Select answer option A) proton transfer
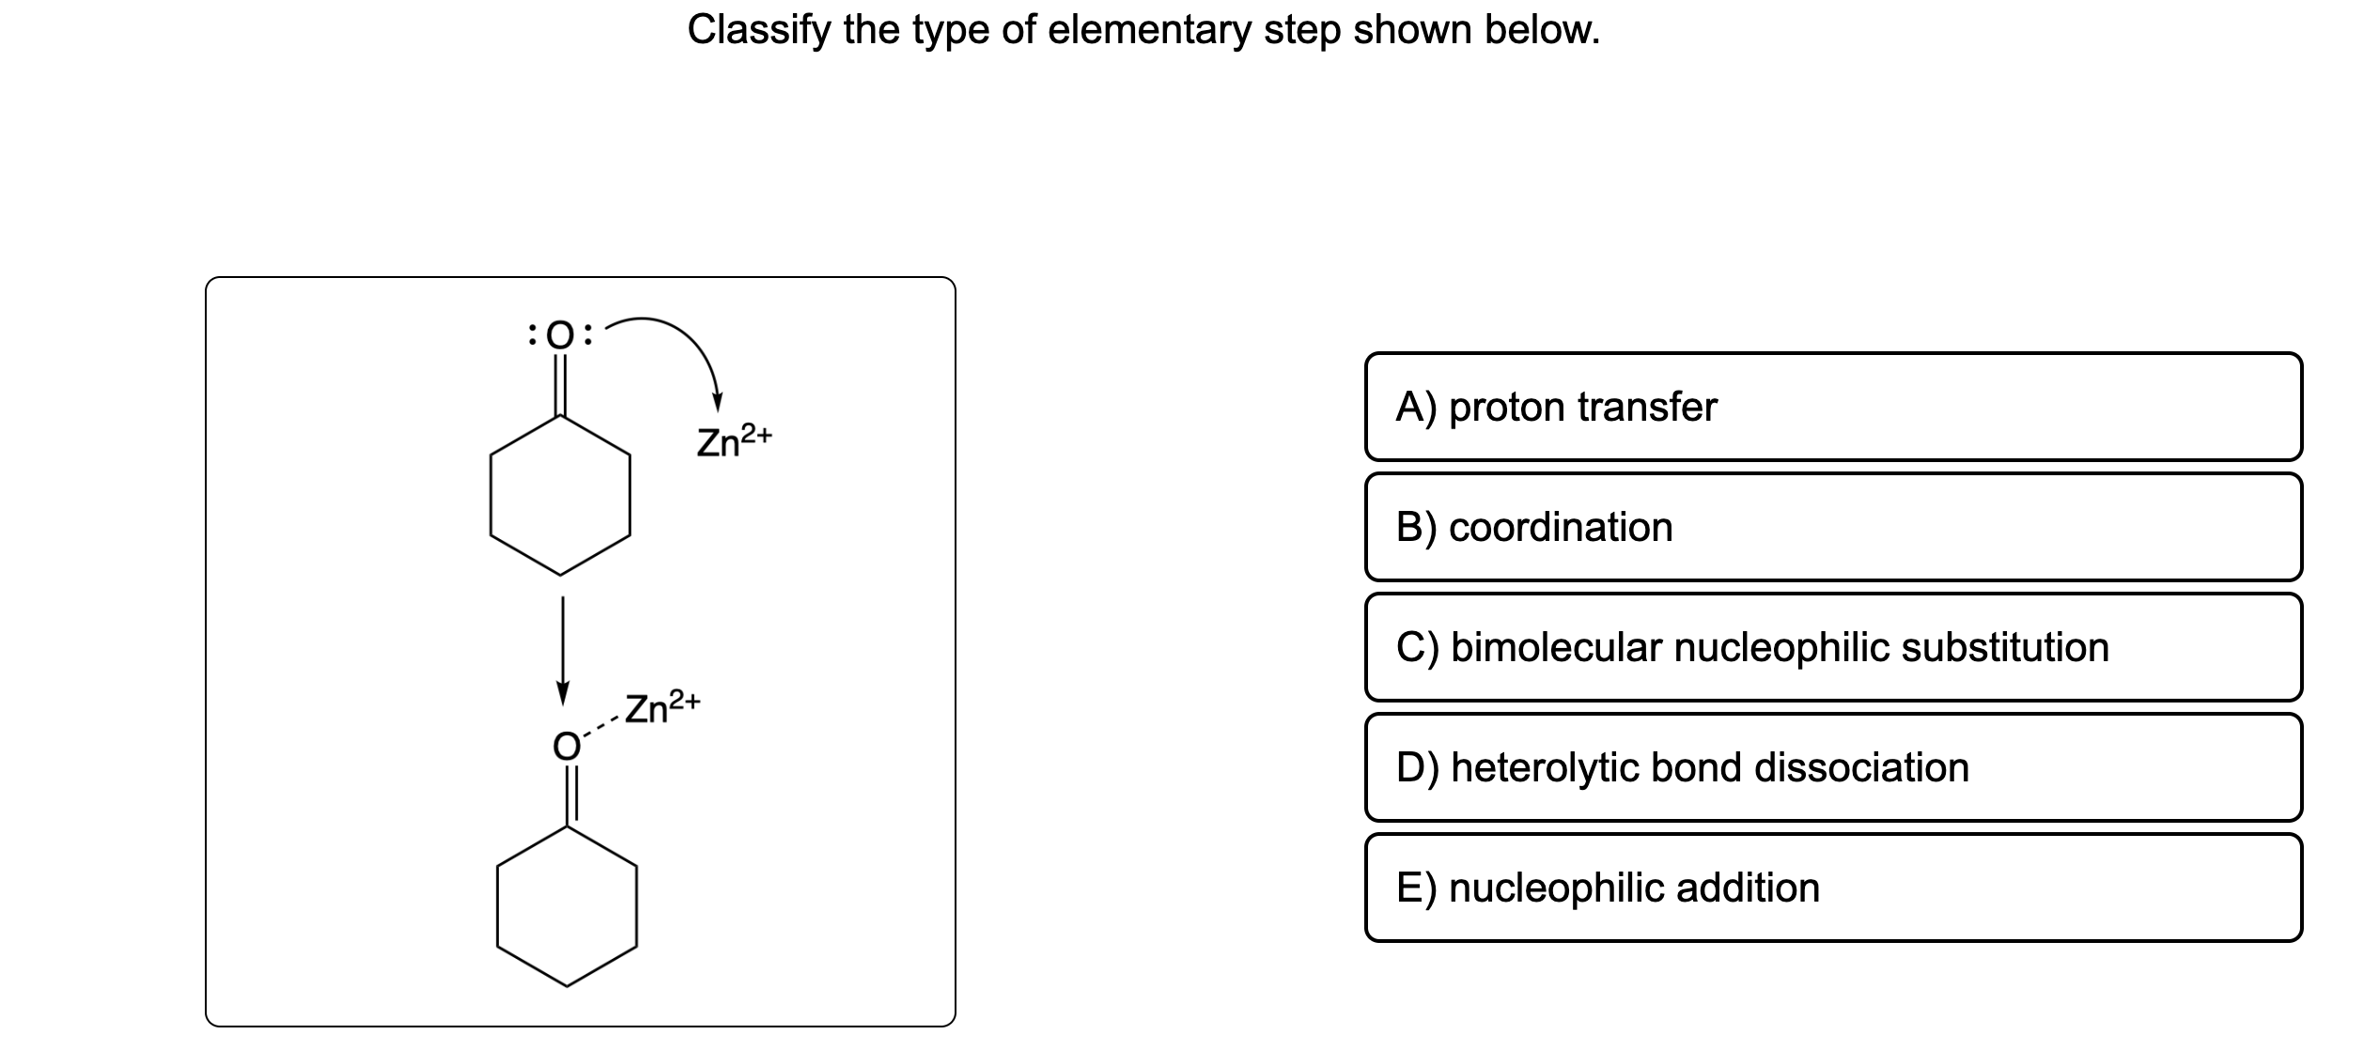[x=1832, y=407]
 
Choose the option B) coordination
[x=1832, y=527]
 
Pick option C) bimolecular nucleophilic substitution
[x=1832, y=647]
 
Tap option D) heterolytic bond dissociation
[x=1832, y=767]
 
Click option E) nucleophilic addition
[x=1832, y=888]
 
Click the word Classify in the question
[x=759, y=31]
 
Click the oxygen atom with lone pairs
[x=560, y=335]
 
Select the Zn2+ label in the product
[x=661, y=707]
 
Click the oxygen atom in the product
[x=566, y=746]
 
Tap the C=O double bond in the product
[x=568, y=795]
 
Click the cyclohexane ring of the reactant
[x=560, y=495]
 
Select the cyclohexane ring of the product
[x=568, y=906]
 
